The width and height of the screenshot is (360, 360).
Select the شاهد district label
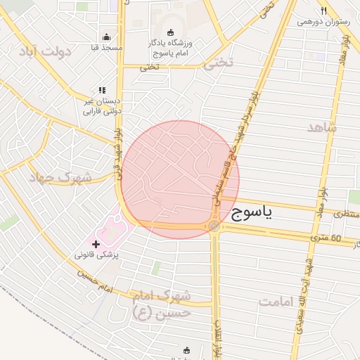(322, 127)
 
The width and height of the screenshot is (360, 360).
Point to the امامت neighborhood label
(278, 302)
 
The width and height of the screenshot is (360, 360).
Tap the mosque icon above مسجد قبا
(106, 37)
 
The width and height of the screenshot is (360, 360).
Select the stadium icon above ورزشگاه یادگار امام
(169, 32)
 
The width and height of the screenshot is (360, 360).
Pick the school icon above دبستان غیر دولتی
(103, 91)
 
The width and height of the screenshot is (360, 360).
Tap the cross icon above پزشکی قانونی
(96, 243)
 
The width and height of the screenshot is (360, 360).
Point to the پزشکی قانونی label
(96, 255)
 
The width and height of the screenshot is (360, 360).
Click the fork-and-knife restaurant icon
(323, 11)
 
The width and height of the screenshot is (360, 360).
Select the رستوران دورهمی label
(323, 21)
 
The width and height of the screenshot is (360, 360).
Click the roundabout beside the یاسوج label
(213, 226)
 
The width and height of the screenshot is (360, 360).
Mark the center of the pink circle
(180, 179)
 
